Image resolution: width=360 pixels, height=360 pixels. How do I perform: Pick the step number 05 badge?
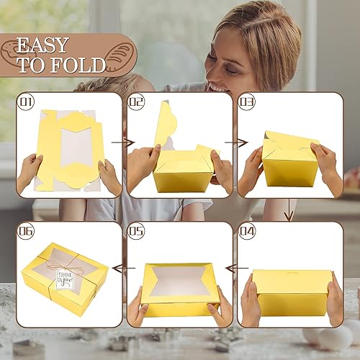pos(138,232)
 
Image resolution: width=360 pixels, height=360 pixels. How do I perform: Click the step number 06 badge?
pos(27,232)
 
